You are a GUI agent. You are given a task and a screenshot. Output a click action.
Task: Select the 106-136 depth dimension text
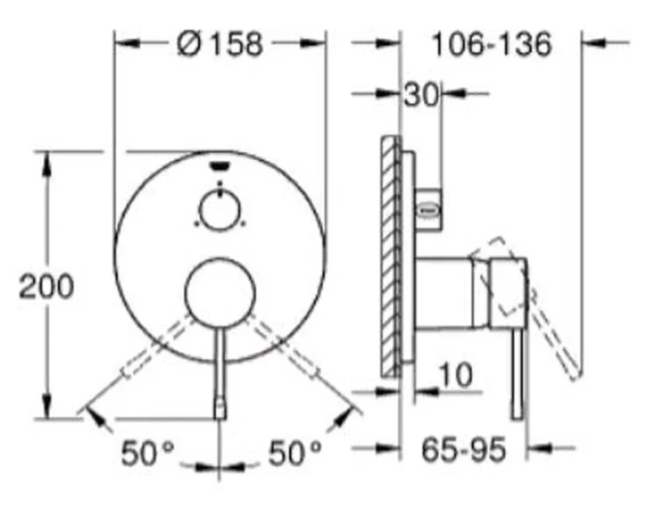(x=492, y=43)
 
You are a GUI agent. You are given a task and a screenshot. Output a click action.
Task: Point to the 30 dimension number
(x=421, y=94)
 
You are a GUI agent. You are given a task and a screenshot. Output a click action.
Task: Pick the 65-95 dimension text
(x=464, y=450)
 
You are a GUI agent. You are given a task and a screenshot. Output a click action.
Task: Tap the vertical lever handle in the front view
(x=220, y=372)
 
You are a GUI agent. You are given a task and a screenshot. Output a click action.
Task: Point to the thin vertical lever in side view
(x=517, y=372)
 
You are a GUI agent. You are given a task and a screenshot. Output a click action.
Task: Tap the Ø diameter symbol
(x=188, y=43)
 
